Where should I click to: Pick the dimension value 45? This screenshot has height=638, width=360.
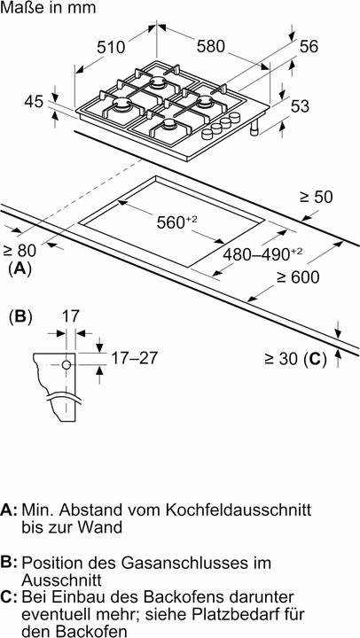[x=34, y=103]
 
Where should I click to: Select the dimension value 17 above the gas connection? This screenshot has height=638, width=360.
[x=72, y=315]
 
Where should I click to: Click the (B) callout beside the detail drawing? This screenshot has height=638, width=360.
[x=20, y=315]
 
